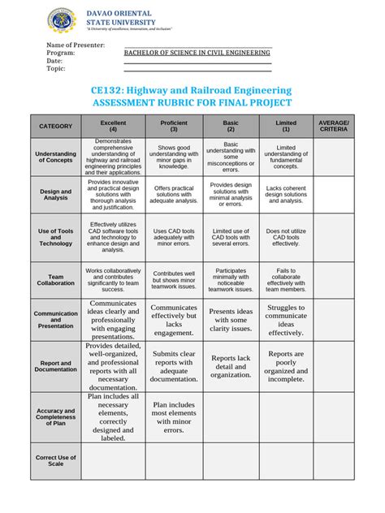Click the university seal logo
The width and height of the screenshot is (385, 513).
(62, 19)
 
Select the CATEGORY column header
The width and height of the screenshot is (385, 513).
(55, 126)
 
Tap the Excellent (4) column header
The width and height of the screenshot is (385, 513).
(113, 126)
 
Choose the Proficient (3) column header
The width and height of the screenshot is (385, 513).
(174, 126)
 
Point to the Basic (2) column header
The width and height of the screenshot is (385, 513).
(231, 126)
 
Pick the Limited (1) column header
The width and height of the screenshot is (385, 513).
(286, 126)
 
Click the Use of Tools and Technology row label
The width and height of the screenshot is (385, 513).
(55, 237)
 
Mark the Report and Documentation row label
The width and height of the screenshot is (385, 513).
(55, 365)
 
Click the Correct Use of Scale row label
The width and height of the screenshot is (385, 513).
(55, 460)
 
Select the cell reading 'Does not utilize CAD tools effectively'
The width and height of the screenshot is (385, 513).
(286, 237)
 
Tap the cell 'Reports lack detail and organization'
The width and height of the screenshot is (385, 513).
(231, 365)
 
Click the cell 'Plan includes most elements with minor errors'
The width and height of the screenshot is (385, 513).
(174, 416)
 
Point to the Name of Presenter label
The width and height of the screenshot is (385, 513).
(76, 45)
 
